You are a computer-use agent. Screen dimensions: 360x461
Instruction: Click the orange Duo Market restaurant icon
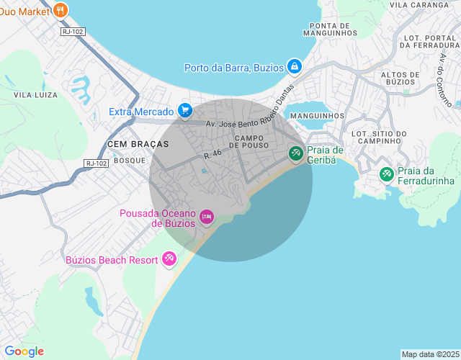61,10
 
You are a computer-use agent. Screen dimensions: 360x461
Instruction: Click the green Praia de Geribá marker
295,153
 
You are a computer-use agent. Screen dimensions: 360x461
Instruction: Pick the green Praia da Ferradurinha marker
386,174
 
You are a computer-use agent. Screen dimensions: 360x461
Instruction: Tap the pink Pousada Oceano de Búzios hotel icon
207,216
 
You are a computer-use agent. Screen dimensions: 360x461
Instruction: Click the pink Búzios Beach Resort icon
169,258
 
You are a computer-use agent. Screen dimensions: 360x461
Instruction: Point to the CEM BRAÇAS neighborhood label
138,144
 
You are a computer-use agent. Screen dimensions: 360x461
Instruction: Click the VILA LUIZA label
35,94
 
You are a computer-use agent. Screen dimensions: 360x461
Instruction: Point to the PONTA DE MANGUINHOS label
330,28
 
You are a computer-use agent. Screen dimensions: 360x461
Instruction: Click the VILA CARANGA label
419,4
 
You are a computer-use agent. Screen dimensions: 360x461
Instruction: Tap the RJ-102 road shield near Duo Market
73,32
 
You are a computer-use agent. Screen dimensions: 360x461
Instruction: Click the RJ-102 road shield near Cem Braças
96,163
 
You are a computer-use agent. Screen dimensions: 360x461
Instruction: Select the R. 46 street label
212,153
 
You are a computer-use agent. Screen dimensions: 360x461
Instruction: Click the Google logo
24,351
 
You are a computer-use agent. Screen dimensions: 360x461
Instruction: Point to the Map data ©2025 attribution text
429,354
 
